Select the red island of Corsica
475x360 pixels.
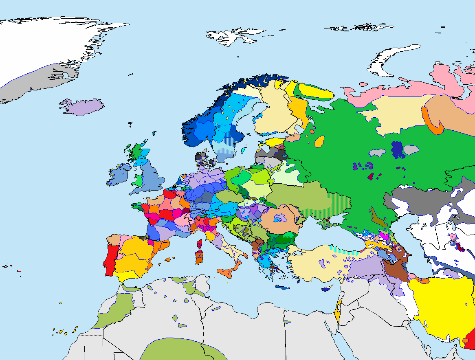pyautogui.click(x=200, y=244)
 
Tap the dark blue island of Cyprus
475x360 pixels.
pyautogui.click(x=326, y=289)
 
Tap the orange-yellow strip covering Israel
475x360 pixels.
pyautogui.click(x=338, y=314)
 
